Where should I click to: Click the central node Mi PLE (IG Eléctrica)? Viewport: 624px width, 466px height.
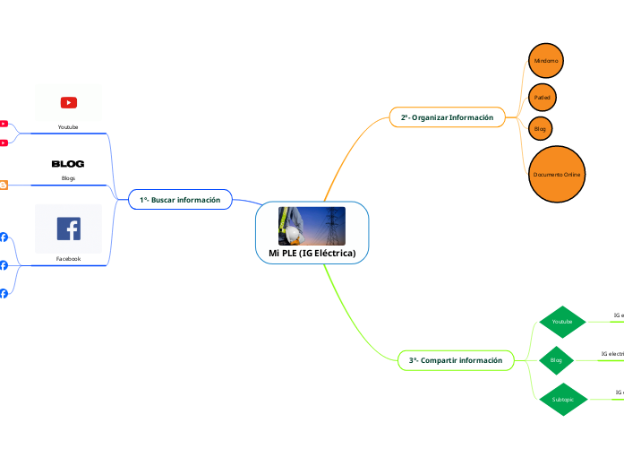(x=312, y=254)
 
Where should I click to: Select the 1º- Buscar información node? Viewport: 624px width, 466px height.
(x=180, y=199)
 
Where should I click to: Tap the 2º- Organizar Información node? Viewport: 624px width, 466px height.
(x=447, y=117)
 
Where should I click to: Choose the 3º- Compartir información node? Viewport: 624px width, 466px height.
(x=456, y=360)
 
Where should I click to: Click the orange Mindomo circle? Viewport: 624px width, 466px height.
(x=545, y=60)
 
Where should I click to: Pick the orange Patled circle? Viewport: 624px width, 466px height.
(x=542, y=96)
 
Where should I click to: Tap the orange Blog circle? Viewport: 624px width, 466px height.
(x=540, y=129)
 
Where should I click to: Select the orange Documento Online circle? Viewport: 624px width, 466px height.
(x=557, y=174)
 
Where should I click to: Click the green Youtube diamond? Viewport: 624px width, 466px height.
(x=562, y=321)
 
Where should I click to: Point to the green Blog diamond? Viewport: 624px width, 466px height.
(x=555, y=359)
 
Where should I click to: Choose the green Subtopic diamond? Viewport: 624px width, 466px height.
(x=562, y=398)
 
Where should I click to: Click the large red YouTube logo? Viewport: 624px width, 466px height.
(x=68, y=103)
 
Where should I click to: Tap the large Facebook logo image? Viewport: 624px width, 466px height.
(x=68, y=229)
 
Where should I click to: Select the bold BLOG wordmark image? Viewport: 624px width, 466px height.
(x=68, y=164)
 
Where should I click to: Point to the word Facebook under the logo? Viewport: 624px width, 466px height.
(x=68, y=258)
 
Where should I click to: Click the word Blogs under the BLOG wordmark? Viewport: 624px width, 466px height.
(x=68, y=178)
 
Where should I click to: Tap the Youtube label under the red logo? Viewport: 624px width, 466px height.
(x=68, y=127)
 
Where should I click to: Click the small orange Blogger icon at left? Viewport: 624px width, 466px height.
(x=4, y=185)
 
